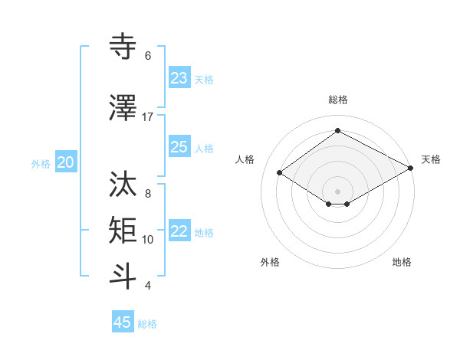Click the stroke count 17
point(148,117)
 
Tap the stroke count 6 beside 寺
point(148,56)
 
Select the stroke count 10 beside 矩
point(148,240)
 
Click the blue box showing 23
point(179,78)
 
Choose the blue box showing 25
point(179,147)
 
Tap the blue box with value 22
point(179,232)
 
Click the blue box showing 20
point(66,162)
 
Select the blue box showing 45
point(123,322)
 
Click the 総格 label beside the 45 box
point(147,324)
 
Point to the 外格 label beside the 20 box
point(41,164)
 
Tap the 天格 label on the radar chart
point(431,159)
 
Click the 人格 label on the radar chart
point(245,159)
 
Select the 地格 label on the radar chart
point(402,262)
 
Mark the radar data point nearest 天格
point(411,169)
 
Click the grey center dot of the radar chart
point(337,190)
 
